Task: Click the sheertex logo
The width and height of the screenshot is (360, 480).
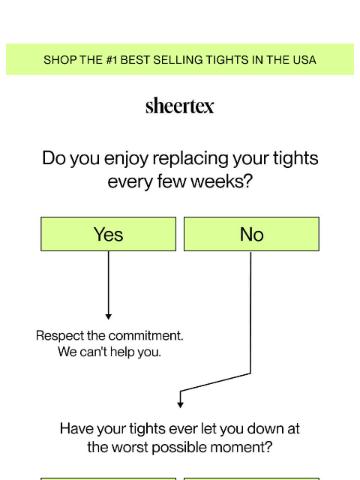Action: point(180,106)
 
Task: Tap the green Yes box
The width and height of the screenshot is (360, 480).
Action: point(108,234)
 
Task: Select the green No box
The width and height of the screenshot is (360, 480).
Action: point(251,234)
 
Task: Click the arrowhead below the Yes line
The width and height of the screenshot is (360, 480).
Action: point(108,316)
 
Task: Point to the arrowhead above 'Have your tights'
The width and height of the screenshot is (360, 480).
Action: point(180,405)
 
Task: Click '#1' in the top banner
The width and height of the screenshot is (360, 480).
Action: point(112,60)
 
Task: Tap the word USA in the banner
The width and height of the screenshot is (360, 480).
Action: point(304,60)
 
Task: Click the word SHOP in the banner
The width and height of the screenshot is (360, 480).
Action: point(56,60)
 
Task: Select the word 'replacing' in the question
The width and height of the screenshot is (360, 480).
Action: point(190,159)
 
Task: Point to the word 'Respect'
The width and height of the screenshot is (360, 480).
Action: point(60,336)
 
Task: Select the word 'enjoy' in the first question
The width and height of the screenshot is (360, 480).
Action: point(126,159)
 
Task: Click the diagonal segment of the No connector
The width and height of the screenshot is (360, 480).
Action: point(215,382)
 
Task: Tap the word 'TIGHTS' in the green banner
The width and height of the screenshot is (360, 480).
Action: point(227,60)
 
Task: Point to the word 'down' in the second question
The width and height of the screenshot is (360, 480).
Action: point(265,428)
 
